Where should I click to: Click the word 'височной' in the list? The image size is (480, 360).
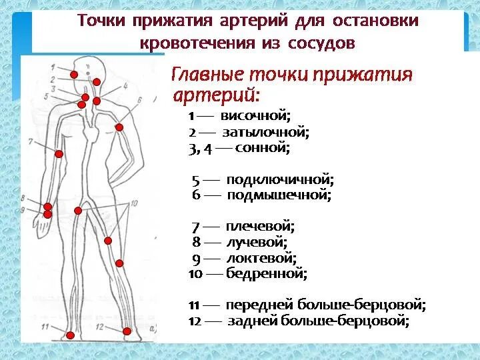263,117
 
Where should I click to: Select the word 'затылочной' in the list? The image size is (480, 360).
270,133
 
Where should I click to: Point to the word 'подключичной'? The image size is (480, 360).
279,180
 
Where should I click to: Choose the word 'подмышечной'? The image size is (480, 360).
279,196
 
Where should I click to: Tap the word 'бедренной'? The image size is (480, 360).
266,273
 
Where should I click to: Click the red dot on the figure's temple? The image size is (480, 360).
74,73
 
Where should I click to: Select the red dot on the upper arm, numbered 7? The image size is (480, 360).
59,154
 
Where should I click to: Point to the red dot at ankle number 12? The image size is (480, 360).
127,330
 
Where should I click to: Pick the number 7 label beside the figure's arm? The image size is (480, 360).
31,141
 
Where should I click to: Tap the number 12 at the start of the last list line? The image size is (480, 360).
194,321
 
